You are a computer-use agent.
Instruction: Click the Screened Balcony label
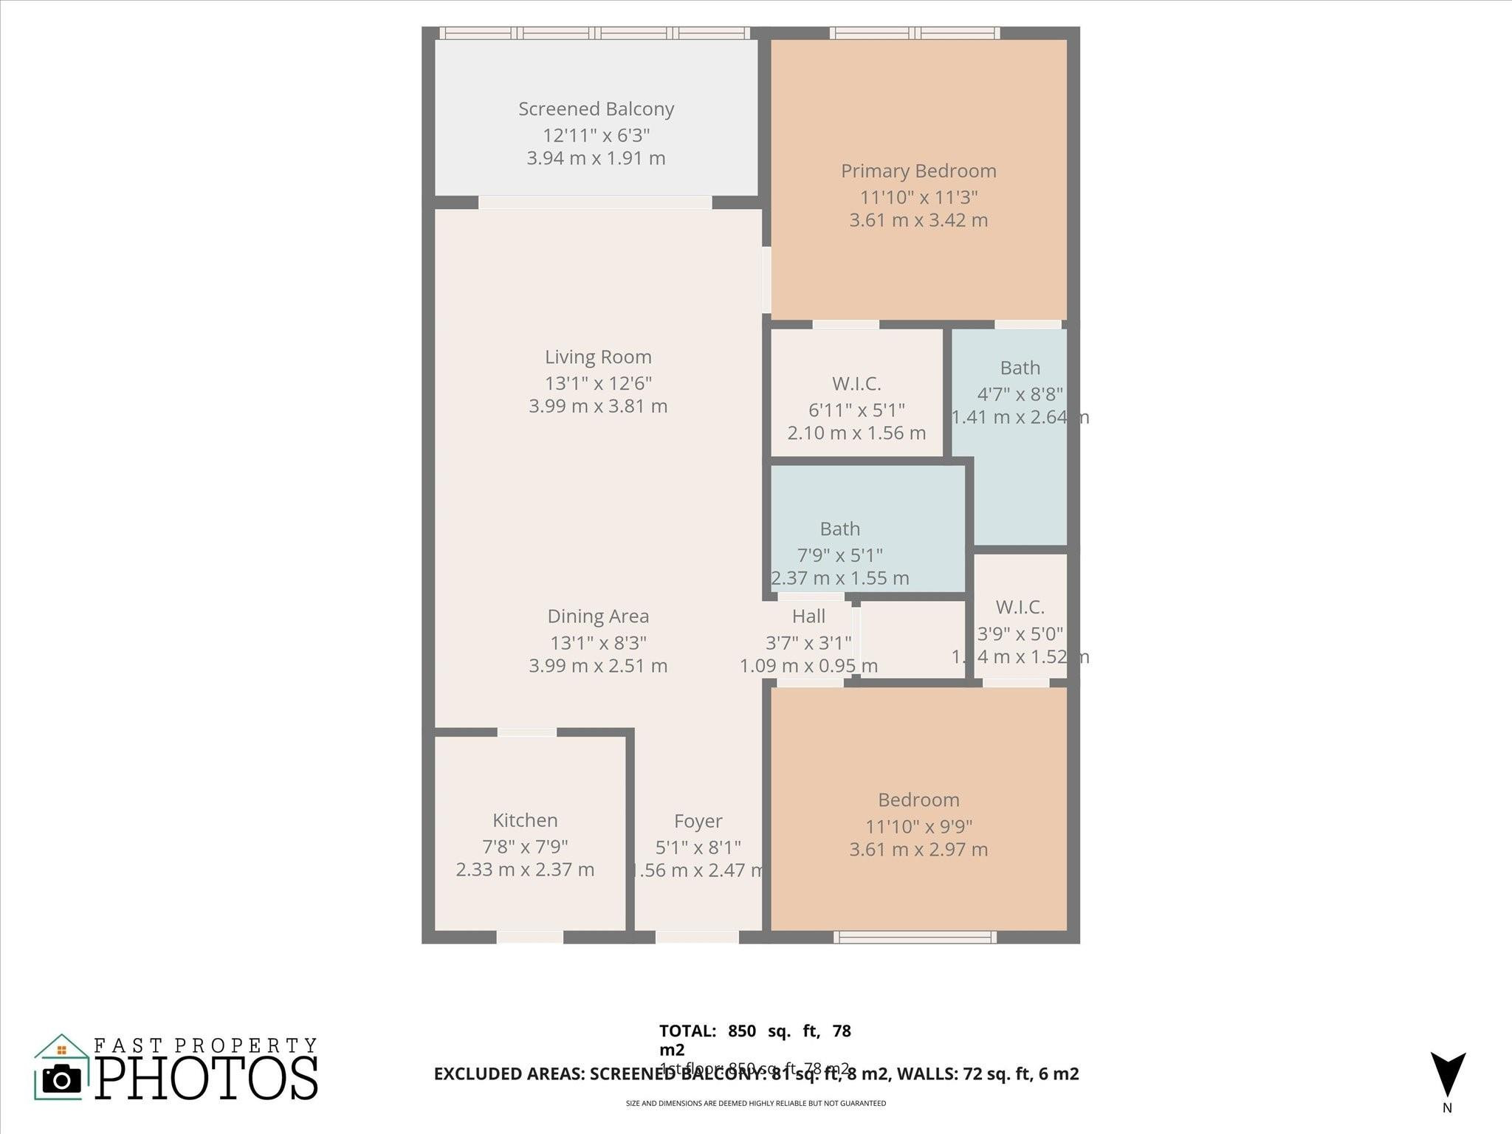coord(596,109)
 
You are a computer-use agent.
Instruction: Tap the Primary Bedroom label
coord(918,171)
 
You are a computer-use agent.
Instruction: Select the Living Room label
coord(598,357)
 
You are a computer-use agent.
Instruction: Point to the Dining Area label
coord(598,616)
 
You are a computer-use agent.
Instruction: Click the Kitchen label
coord(525,820)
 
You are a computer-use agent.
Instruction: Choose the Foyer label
coord(698,821)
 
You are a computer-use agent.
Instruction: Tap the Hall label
coord(808,616)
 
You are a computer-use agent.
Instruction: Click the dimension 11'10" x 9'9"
coord(918,826)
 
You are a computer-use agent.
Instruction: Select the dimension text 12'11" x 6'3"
coord(596,135)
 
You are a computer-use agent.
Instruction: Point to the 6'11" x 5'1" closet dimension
coord(856,410)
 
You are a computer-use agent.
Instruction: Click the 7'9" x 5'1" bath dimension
coord(839,555)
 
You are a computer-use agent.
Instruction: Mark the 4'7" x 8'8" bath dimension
coord(1020,394)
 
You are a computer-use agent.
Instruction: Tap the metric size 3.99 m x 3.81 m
coord(598,406)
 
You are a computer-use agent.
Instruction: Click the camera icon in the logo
coord(61,1080)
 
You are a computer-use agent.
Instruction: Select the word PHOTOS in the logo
coord(207,1079)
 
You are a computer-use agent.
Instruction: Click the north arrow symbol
coord(1447,1075)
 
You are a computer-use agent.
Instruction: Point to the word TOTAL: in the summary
coord(687,1031)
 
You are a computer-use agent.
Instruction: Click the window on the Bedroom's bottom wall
coord(915,938)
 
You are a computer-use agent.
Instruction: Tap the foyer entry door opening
coord(697,938)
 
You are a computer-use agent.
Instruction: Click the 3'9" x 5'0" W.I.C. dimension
coord(1020,633)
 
